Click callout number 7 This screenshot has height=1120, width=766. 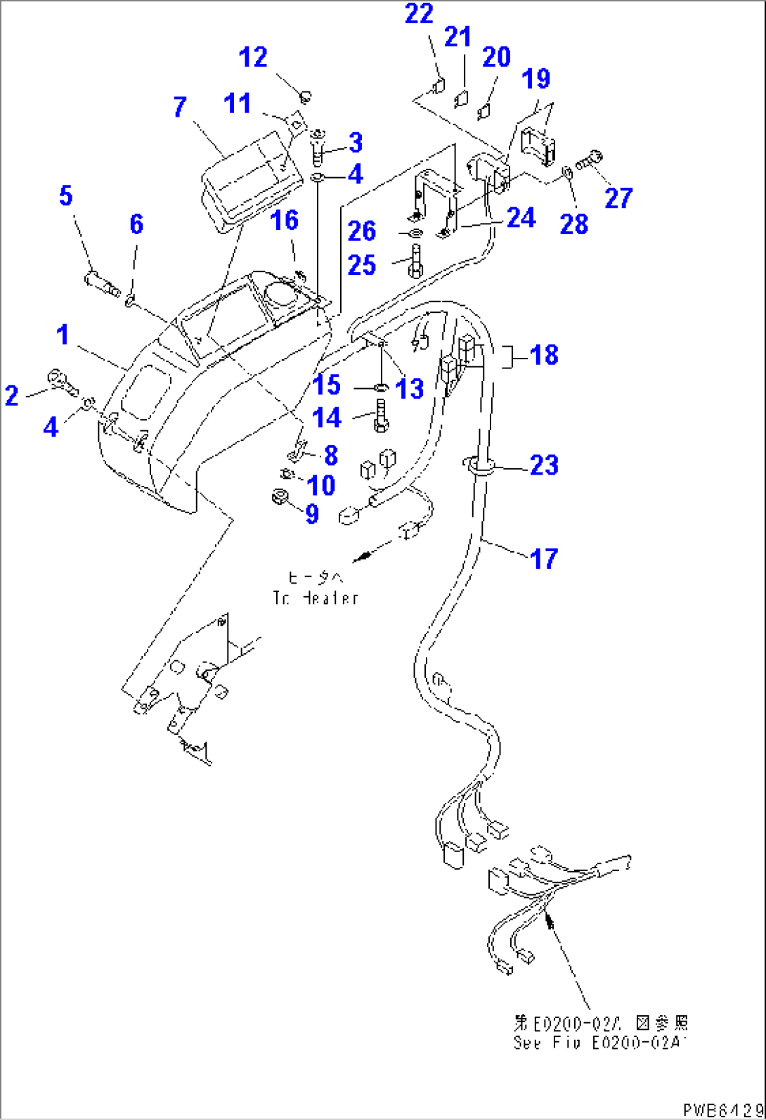[180, 108]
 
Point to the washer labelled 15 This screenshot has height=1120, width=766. [379, 388]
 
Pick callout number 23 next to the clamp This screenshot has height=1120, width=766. [543, 465]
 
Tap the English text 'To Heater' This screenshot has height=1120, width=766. [316, 598]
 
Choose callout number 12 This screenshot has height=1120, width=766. [252, 57]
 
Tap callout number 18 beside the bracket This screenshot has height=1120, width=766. [544, 355]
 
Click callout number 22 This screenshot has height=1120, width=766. [420, 13]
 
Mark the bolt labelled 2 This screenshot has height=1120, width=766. [63, 381]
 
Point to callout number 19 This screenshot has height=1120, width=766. [538, 79]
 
